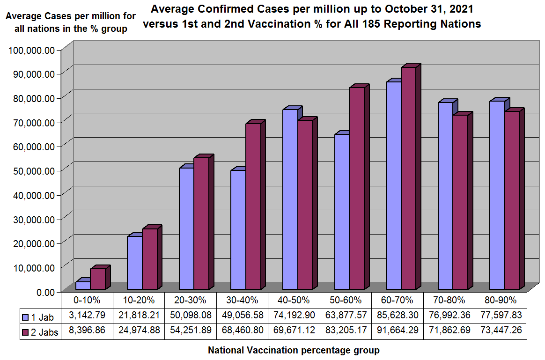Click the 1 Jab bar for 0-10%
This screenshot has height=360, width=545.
[x=83, y=285]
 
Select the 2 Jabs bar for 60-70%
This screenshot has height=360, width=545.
[x=408, y=178]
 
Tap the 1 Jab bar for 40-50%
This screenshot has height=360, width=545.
[x=290, y=199]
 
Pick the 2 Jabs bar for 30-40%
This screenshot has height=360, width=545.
[x=253, y=206]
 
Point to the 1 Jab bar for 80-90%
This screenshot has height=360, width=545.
[x=497, y=195]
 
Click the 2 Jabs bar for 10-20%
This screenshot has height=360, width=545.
[x=150, y=259]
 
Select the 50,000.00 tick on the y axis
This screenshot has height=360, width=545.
[x=32, y=170]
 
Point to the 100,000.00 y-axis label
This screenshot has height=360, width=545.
[x=29, y=50]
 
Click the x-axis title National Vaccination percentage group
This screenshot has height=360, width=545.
[x=294, y=350]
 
